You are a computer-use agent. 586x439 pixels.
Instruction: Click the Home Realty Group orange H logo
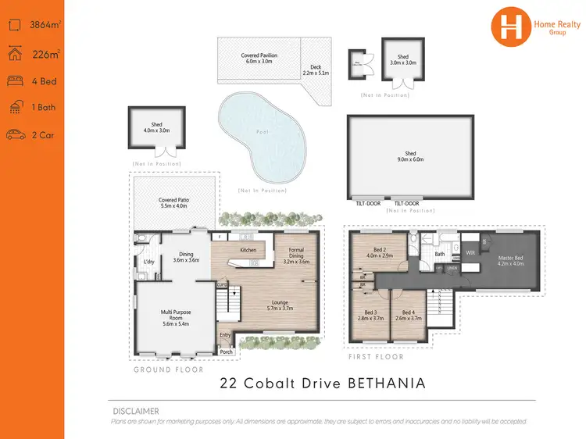pos(510,25)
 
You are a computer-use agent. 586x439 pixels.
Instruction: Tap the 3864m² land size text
pos(44,26)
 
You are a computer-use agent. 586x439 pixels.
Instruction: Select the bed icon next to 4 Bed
pos(16,81)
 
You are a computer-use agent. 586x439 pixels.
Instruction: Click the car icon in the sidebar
pos(16,135)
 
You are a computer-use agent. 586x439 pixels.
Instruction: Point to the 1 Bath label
pos(43,108)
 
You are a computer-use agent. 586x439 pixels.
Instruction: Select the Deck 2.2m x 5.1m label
pos(316,70)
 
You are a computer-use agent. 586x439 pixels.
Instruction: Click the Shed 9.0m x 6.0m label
pos(410,156)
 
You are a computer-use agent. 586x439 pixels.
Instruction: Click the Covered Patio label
pos(173,202)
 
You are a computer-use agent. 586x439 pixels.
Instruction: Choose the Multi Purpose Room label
pos(176,316)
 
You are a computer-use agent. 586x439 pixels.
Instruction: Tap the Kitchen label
pos(248,250)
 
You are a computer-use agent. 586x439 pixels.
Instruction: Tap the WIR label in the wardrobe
pos(470,252)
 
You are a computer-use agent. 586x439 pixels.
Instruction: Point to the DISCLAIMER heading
pos(135,411)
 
